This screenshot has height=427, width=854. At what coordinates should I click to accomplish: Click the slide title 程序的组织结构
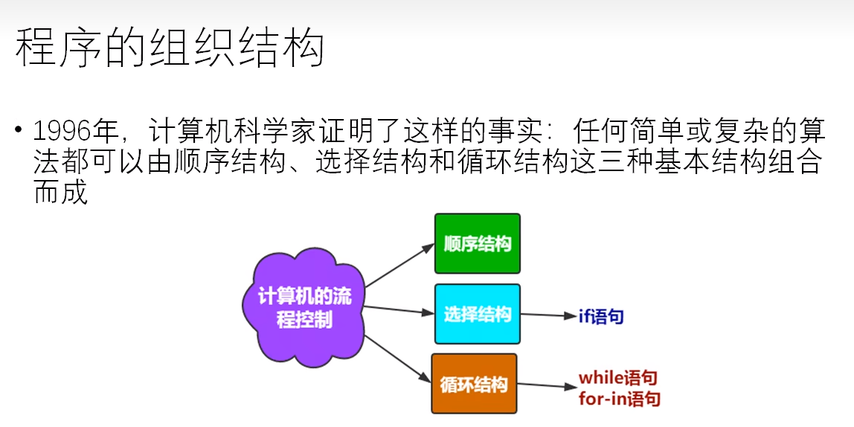click(170, 48)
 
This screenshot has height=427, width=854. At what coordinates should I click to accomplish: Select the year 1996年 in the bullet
click(73, 132)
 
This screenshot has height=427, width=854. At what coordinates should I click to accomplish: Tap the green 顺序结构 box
click(477, 243)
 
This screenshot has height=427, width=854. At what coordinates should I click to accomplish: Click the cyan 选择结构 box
click(477, 314)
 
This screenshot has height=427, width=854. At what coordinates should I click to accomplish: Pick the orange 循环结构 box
click(474, 384)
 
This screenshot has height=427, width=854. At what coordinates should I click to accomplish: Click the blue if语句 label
click(601, 317)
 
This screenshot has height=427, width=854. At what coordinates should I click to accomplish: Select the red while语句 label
click(618, 378)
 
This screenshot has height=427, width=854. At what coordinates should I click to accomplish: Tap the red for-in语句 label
click(620, 399)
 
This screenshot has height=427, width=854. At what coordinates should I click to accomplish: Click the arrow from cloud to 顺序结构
click(399, 266)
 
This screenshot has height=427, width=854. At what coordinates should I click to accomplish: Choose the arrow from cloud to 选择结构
click(399, 310)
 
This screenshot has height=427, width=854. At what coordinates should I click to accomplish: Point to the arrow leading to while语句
click(547, 385)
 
